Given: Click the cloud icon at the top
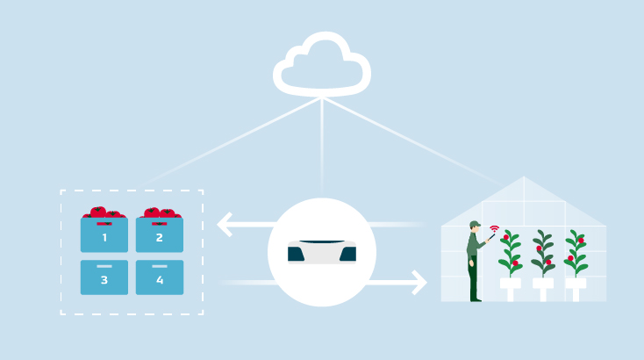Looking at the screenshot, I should pos(322,63).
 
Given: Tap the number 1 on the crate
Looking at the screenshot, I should pos(104,238).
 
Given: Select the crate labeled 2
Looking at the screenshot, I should pos(159,235).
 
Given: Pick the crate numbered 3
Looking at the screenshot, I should pos(104,277).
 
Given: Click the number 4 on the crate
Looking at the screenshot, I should pos(160,280).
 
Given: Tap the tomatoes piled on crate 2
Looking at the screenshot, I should pos(159,212).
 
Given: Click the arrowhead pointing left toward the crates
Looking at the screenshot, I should pos(225,225).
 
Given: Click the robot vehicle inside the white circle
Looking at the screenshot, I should pos(322,252).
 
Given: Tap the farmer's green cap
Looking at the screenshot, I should pos(475,225).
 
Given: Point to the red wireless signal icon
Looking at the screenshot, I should pos(494,230).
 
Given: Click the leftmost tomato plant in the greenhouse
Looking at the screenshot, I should pos(510,254).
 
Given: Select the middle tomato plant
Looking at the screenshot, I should pos(543,254).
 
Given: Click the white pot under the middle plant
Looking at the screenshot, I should pos(543,286).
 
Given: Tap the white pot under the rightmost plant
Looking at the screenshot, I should pos(576,286).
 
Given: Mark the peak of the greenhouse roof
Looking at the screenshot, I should pos(524,178).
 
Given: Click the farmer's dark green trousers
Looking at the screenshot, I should pos(474,279).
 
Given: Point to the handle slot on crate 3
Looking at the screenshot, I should pos(104,266).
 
